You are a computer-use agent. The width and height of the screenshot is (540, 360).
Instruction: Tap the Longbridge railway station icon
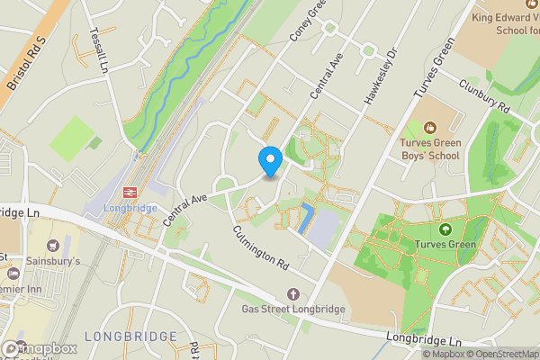[129, 191]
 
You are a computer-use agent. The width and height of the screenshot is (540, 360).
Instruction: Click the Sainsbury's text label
[76, 261]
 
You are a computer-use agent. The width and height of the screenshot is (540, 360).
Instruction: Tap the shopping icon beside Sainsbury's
[52, 244]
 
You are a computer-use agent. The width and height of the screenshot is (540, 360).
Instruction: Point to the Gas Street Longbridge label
[293, 310]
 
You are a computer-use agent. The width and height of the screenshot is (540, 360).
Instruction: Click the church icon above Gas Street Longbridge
[293, 294]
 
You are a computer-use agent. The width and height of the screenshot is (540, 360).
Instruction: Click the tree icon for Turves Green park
[444, 229]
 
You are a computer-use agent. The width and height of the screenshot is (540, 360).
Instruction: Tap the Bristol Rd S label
[24, 67]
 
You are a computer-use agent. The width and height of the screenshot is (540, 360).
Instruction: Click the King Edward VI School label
[504, 22]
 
